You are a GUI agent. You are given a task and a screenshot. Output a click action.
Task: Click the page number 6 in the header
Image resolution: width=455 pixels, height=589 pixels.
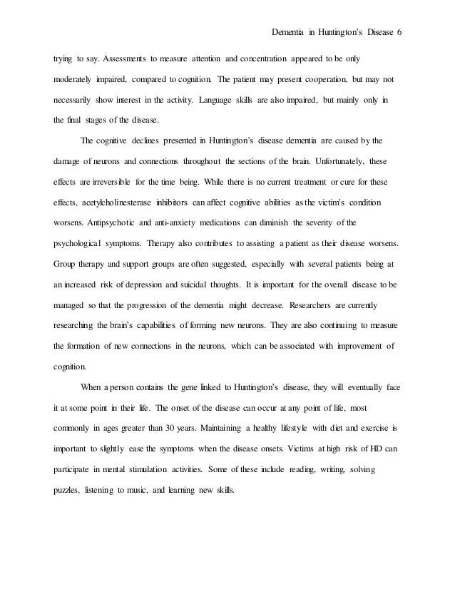click(x=400, y=33)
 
